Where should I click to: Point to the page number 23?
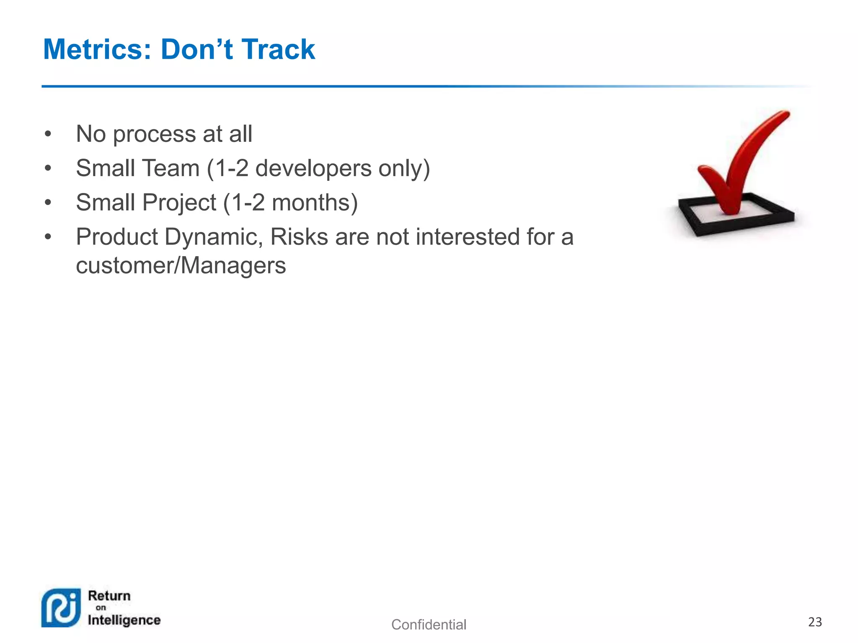pos(815,622)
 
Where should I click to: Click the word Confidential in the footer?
pos(428,625)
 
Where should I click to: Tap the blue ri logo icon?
pos(61,608)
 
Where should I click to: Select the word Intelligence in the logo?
pos(124,620)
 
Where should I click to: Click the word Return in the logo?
pos(109,596)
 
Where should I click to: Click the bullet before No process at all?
pos(48,134)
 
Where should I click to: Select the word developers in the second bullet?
pos(313,169)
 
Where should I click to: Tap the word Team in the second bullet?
pos(171,169)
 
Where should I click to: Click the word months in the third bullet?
pos(310,203)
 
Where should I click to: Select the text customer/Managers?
pos(181,266)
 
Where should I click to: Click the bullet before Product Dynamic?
pos(48,237)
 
